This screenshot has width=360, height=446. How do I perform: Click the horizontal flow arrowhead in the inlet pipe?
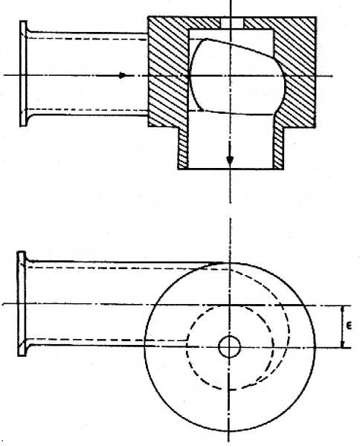pos(122,75)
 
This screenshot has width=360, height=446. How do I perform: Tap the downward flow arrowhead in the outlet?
pos(230,160)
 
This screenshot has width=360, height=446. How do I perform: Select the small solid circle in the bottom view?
pos(229,346)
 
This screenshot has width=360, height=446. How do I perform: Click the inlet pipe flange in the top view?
pos(23,74)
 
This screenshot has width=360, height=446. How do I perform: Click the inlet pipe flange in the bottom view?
pos(22,303)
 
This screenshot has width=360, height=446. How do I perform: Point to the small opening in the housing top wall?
pos(232,23)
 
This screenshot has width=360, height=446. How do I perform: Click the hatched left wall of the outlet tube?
pos(183,148)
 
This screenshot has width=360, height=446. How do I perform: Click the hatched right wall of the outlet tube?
pos(279,148)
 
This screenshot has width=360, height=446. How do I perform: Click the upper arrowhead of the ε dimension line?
pos(343,309)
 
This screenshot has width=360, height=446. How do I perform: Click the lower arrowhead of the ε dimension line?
pos(343,344)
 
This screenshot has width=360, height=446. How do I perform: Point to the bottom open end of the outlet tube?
pos(231,169)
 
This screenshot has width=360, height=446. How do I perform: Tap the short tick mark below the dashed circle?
pos(233,389)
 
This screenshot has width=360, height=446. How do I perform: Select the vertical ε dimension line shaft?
pos(343,326)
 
